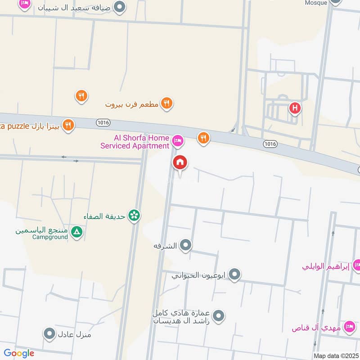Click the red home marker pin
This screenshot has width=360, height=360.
[x=180, y=162]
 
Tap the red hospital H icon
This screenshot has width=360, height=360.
[x=295, y=108]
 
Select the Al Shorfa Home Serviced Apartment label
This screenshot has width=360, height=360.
[x=135, y=142]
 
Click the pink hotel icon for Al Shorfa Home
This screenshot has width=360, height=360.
[x=178, y=141]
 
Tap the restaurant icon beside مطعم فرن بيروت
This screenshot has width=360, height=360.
[x=166, y=103]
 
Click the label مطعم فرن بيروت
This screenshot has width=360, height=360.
[x=132, y=104]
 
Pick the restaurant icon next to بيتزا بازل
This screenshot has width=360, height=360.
[x=68, y=125]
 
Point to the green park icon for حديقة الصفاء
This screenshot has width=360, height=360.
[x=134, y=216]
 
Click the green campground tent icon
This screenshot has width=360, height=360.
[x=77, y=232]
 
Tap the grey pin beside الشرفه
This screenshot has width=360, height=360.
[x=185, y=245]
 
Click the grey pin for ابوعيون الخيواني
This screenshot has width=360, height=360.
[x=234, y=274]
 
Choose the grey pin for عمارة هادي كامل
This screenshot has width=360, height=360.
[x=218, y=316]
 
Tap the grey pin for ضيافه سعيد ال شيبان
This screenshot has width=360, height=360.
[x=120, y=7]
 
